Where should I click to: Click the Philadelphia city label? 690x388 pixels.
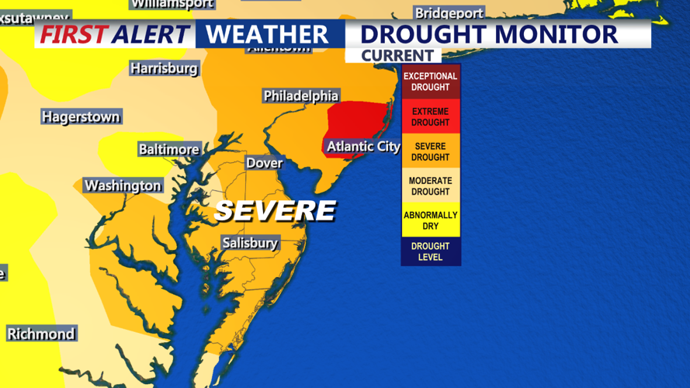coord(300,95)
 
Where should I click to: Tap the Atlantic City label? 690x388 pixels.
coord(363,146)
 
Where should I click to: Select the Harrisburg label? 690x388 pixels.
coord(164,68)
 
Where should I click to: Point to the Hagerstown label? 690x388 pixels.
coord(81,117)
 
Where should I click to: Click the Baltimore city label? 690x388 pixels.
coord(168,149)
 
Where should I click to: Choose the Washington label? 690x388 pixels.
coord(123,185)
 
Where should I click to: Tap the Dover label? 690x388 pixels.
coord(264,163)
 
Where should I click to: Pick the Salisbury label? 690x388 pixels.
coord(249,243)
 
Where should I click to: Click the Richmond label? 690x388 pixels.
coord(41,334)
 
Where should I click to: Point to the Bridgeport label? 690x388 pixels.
coord(449,13)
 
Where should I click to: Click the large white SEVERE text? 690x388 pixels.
coord(275,210)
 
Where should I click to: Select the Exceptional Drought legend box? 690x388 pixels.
coord(430,81)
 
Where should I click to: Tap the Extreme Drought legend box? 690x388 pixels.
coord(430,116)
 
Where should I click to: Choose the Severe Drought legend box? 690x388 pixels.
coord(430,151)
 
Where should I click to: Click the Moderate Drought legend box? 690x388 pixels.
coord(430,185)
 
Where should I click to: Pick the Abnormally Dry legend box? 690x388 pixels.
coord(430,220)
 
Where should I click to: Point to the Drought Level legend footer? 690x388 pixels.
coord(430,251)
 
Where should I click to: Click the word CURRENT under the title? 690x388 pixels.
coord(397,56)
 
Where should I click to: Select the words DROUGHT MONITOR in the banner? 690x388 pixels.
coord(489,34)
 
